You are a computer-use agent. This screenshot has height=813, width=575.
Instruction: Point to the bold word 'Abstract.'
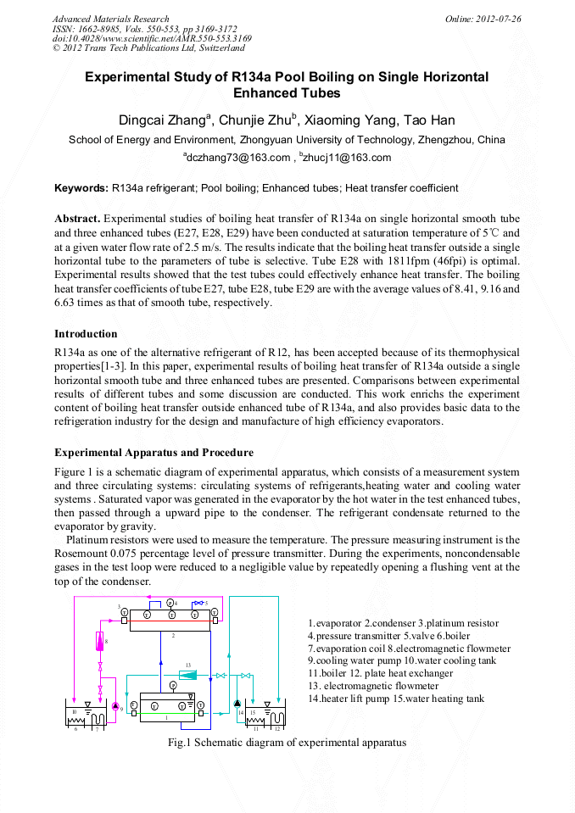tap(77, 218)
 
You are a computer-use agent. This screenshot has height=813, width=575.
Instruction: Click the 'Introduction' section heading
tap(86, 333)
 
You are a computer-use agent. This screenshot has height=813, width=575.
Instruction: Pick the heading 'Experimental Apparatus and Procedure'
tap(154, 452)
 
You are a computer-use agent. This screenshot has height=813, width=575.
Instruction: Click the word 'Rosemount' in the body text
tap(81, 551)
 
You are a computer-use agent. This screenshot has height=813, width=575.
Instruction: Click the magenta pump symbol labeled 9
tap(116, 705)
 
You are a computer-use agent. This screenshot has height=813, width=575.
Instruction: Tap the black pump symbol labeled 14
tap(237, 704)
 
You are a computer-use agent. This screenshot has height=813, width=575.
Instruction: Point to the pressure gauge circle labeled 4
tap(170, 603)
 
